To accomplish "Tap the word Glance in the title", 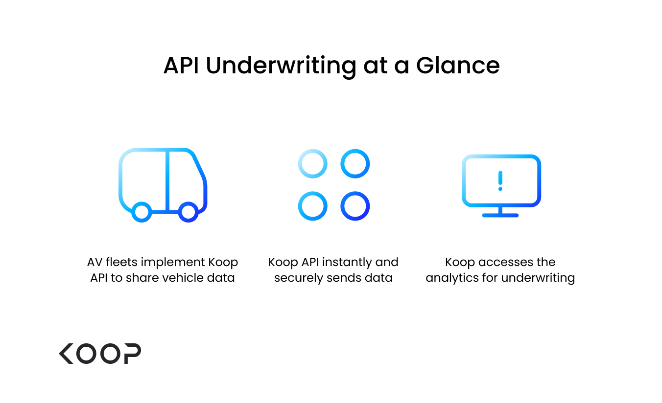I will click(x=458, y=65).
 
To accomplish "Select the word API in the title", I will click(x=181, y=65).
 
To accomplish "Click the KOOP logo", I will click(x=100, y=353).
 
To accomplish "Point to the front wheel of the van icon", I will click(x=188, y=212).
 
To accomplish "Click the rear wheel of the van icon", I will click(x=142, y=212).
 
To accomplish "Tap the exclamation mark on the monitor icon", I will click(x=500, y=180).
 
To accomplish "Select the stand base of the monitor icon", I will click(x=500, y=215).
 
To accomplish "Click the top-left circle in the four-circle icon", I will click(x=312, y=164).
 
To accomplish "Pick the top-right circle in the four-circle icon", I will click(x=355, y=164).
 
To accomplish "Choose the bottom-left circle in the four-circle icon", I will click(x=312, y=206).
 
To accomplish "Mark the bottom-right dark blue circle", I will click(x=355, y=206).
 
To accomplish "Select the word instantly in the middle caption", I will click(x=349, y=262).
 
